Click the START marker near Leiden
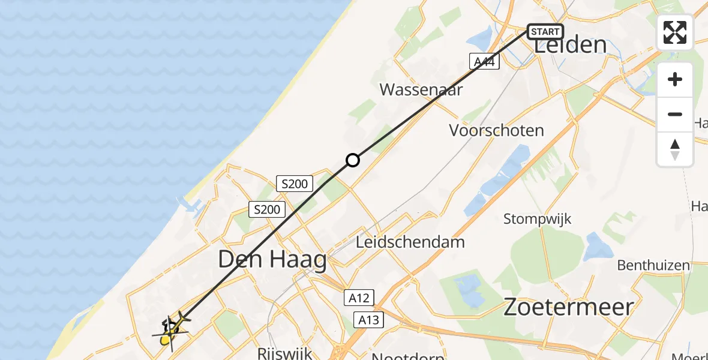tap(545, 31)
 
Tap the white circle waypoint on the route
tap(353, 160)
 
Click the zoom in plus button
tap(675, 79)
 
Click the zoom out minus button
tap(675, 114)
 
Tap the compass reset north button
tap(675, 149)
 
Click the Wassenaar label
tap(421, 90)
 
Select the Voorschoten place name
tap(497, 130)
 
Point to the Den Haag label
tap(272, 260)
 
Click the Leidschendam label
tap(410, 242)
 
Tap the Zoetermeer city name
tap(568, 307)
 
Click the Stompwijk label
tap(537, 218)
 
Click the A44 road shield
tap(485, 61)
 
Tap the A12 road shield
tap(359, 297)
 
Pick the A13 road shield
tap(368, 320)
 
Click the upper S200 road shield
tap(294, 184)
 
